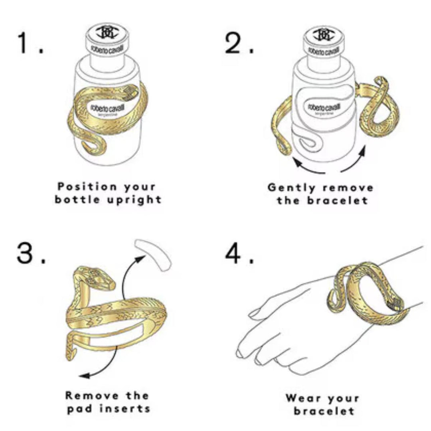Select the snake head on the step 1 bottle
[x=130, y=93]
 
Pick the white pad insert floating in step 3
[x=153, y=253]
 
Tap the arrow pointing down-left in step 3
[x=100, y=365]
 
